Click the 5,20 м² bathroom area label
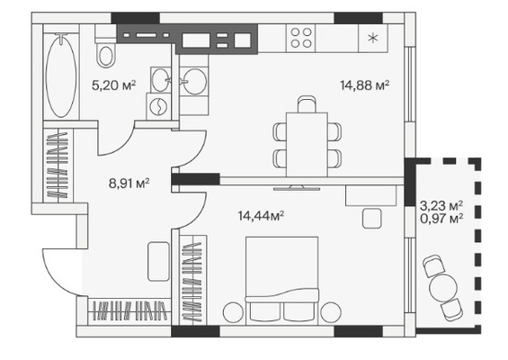point(113,85)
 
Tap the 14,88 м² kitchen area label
point(364,85)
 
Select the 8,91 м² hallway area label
point(129,184)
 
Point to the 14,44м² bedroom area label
point(261,216)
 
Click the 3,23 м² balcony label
point(441,205)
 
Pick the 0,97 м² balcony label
point(441,219)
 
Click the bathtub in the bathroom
point(61,76)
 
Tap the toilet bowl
point(106,52)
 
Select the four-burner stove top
point(301,38)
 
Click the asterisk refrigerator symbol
point(373,39)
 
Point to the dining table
point(307,145)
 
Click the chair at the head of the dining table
point(307,103)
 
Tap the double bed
point(281,281)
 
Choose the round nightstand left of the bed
point(233,312)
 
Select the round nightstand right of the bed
point(331,312)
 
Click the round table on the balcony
point(443,287)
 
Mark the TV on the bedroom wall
point(297,188)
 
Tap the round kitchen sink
point(194,81)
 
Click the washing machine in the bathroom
point(158,106)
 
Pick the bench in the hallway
point(158,261)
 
